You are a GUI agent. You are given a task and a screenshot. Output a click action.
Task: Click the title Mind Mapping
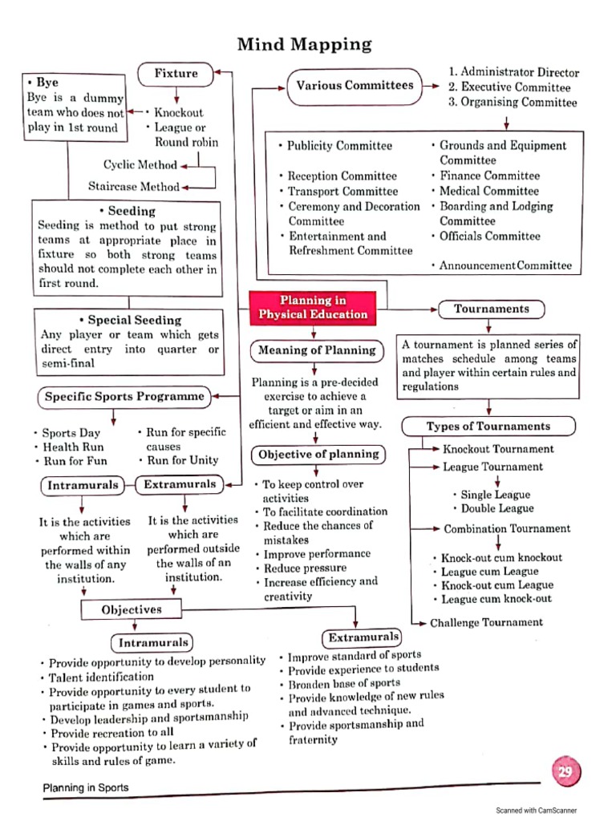[304, 44]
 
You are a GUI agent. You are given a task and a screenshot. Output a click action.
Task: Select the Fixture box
[176, 74]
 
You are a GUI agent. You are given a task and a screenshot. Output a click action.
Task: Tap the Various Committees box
[355, 86]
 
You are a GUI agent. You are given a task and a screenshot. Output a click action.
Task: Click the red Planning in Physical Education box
[313, 307]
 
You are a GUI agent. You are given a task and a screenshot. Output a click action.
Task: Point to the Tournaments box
[492, 309]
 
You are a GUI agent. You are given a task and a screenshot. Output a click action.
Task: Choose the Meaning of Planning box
[316, 350]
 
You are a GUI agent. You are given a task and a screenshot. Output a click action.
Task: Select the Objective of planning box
[318, 455]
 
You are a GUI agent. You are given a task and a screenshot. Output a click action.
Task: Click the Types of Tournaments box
[488, 427]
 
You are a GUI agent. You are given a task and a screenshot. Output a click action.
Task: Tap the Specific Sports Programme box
[124, 397]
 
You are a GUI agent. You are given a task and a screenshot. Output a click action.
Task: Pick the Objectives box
[132, 610]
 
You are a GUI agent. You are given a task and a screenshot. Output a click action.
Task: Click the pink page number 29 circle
[565, 773]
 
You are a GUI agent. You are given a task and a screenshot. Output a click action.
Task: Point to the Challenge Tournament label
[486, 623]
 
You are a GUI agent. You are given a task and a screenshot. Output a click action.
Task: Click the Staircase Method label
[134, 187]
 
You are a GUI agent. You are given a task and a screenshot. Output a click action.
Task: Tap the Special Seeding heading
[130, 320]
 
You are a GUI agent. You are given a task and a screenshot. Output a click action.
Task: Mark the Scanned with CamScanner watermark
[536, 811]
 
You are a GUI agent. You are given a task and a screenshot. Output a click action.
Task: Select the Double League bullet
[497, 509]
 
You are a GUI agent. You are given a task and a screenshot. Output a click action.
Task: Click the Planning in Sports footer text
[85, 788]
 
